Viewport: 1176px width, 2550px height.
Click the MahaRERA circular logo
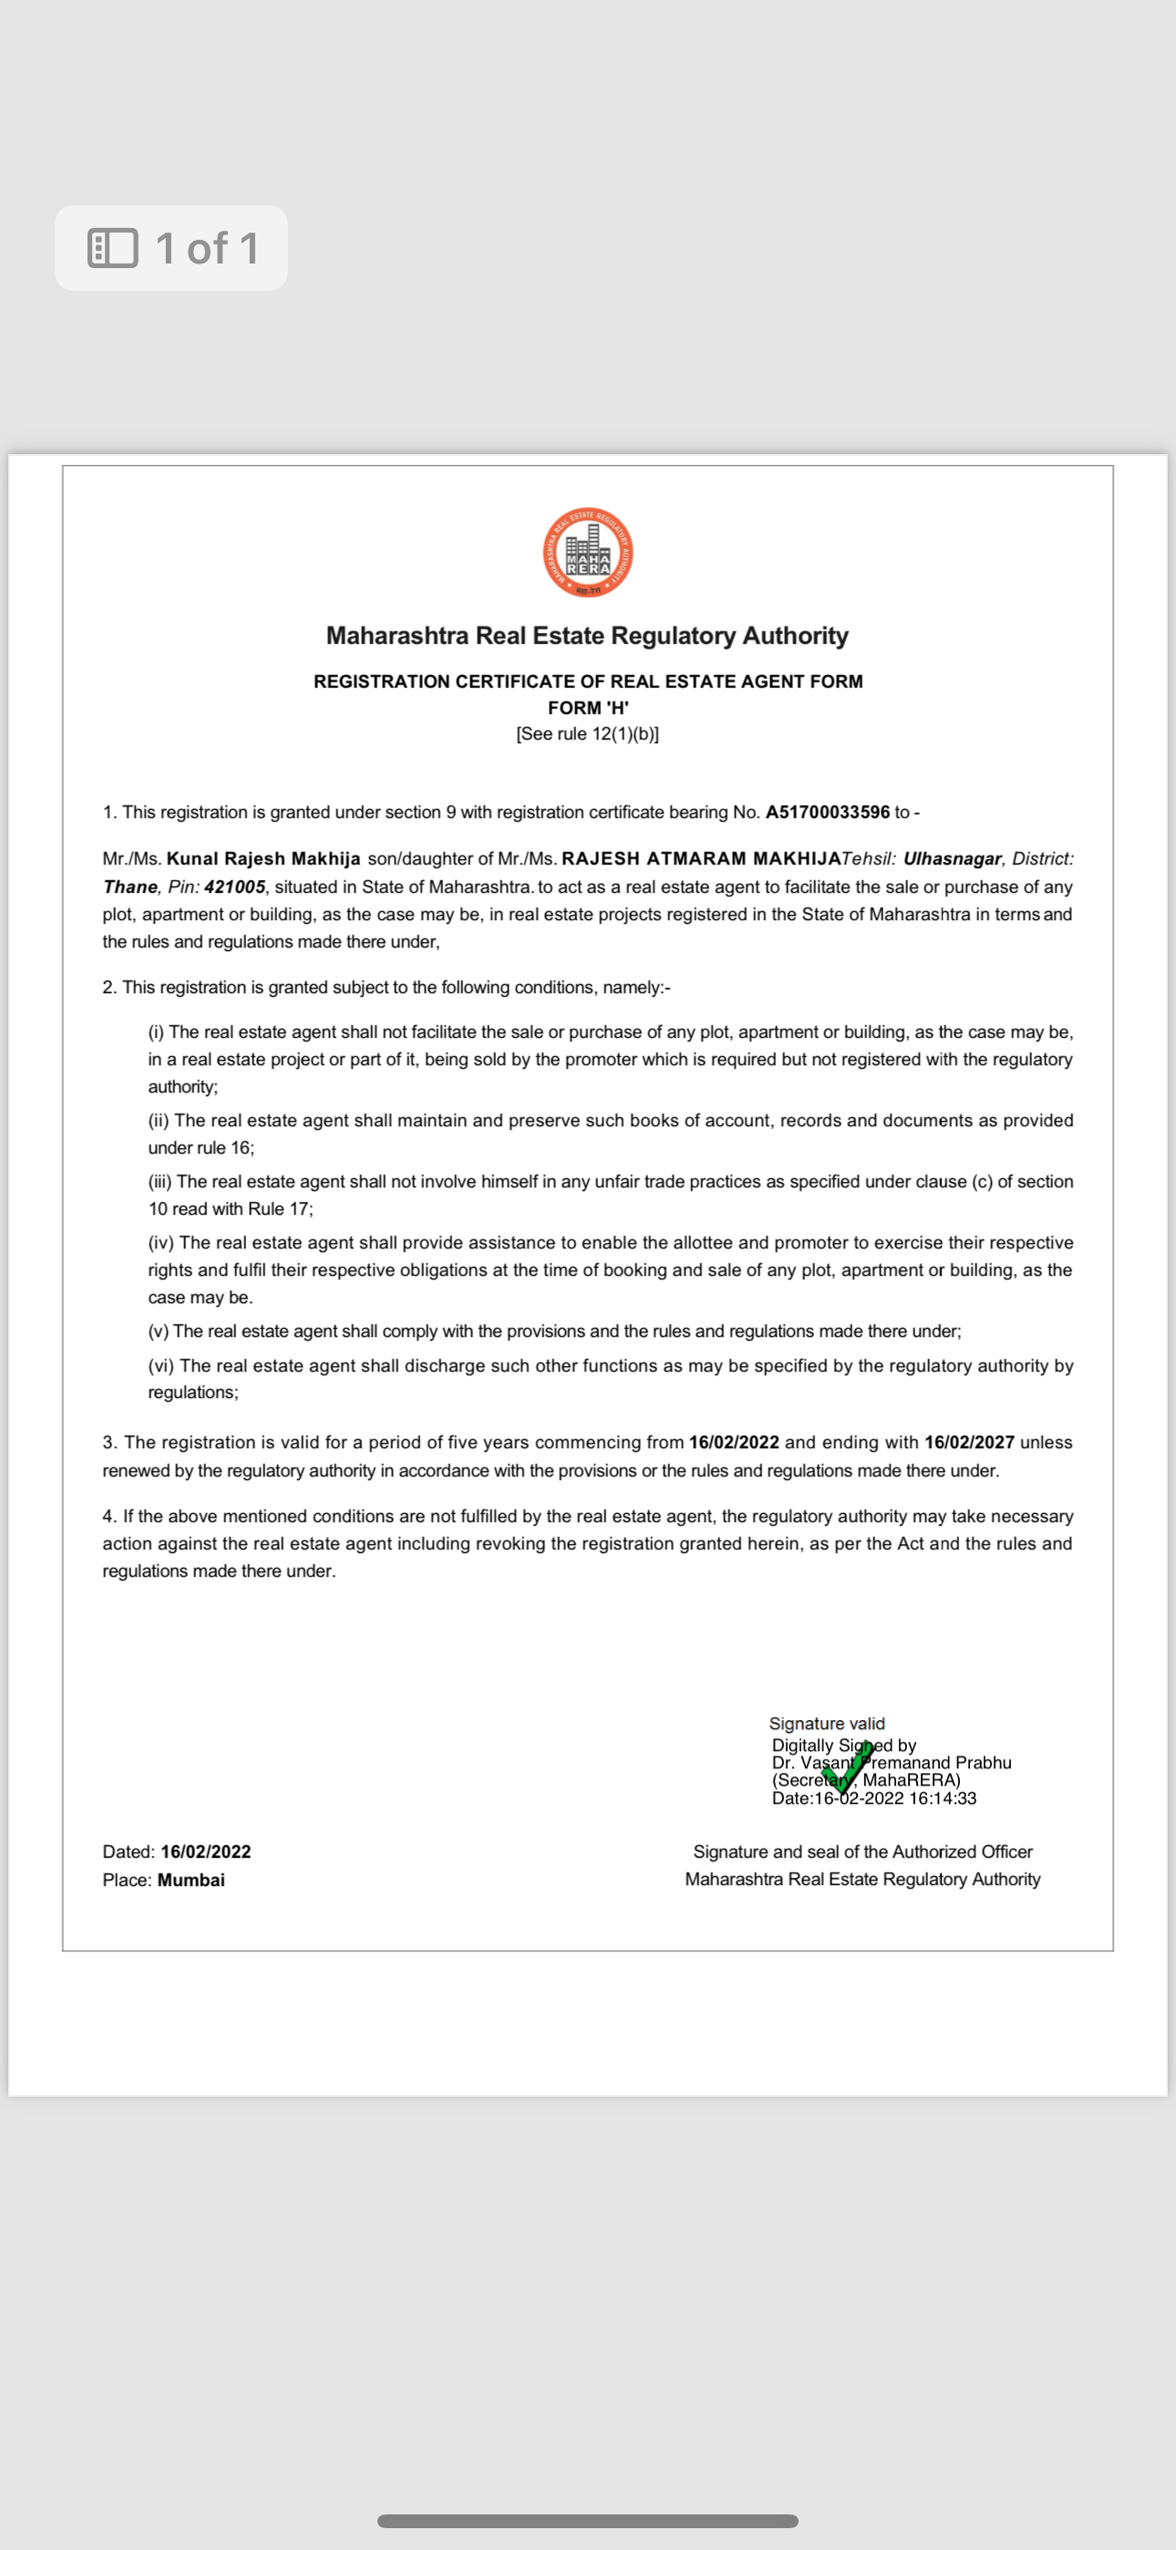pyautogui.click(x=588, y=553)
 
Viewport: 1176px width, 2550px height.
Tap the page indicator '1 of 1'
pyautogui.click(x=171, y=247)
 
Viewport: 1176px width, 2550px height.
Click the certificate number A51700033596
pyautogui.click(x=827, y=812)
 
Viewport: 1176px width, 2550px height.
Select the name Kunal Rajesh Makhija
pyautogui.click(x=263, y=858)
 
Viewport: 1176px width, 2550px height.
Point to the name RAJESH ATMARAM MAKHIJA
pyautogui.click(x=701, y=858)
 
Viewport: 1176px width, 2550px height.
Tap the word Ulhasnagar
pyautogui.click(x=952, y=858)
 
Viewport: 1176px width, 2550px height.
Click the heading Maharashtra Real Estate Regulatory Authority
pyautogui.click(x=587, y=636)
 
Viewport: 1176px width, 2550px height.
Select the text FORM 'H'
pyautogui.click(x=588, y=708)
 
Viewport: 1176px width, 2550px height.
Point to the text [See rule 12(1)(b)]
pyautogui.click(x=587, y=733)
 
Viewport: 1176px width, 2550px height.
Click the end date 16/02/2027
pyautogui.click(x=969, y=1442)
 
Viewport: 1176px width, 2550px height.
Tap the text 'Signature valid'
pyautogui.click(x=827, y=1724)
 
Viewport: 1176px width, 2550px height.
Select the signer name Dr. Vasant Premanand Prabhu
pyautogui.click(x=891, y=1762)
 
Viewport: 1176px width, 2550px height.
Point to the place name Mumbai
pyautogui.click(x=191, y=1880)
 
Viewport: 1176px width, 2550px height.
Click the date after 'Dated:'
pyautogui.click(x=206, y=1851)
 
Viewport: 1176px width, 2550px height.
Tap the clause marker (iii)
pyautogui.click(x=160, y=1181)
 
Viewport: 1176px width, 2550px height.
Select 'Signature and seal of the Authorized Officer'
pyautogui.click(x=862, y=1851)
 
